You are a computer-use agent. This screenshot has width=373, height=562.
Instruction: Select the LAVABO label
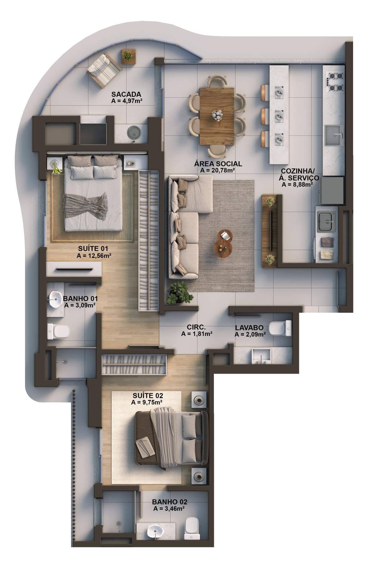249,328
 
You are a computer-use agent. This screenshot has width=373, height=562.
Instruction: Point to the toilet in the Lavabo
280,328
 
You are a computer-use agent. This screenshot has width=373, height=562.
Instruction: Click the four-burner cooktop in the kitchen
334,81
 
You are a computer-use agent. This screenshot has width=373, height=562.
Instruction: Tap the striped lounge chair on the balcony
104,70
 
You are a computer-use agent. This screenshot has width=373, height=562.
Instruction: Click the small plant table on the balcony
128,57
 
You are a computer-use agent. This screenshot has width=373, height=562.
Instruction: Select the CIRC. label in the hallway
196,327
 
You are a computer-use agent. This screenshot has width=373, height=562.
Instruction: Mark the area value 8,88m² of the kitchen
297,184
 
